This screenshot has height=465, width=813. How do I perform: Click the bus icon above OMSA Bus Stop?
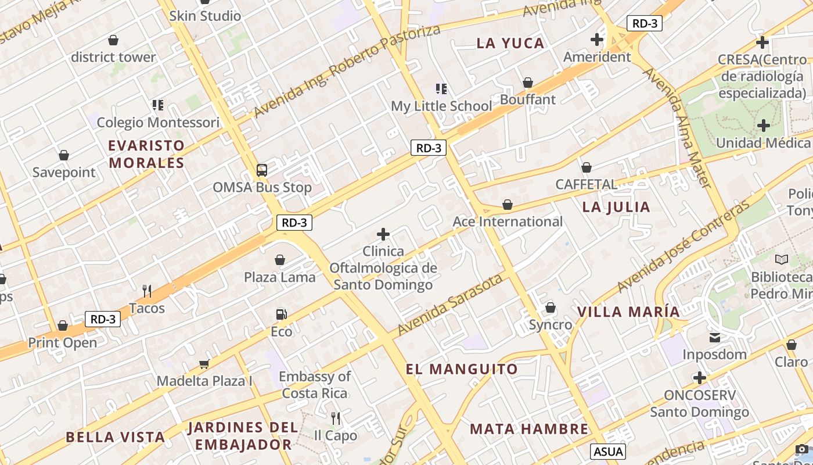point(262,170)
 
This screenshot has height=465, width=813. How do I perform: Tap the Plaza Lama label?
point(279,277)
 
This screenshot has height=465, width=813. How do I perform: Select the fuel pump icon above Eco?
point(281,314)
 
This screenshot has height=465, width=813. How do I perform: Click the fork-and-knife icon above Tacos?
point(147,291)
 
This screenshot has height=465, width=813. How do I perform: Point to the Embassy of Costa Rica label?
point(315,385)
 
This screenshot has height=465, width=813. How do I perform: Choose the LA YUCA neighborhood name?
point(510,43)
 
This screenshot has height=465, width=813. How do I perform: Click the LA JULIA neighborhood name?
point(616,207)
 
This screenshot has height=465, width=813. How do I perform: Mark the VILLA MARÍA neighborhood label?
point(628,312)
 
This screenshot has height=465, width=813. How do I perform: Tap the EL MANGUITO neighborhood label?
point(462,369)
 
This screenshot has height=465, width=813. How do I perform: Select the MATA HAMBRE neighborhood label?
point(529,429)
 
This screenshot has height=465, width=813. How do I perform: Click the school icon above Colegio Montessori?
point(158,105)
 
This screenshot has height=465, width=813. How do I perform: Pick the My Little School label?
point(441,106)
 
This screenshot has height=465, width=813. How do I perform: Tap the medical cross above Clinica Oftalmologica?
point(383,234)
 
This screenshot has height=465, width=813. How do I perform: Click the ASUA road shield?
point(608,451)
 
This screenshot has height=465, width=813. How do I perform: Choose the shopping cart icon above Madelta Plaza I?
point(204,364)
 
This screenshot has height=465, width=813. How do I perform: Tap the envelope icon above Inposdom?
point(715,337)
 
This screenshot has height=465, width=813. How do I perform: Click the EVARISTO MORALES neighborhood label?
point(146,154)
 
